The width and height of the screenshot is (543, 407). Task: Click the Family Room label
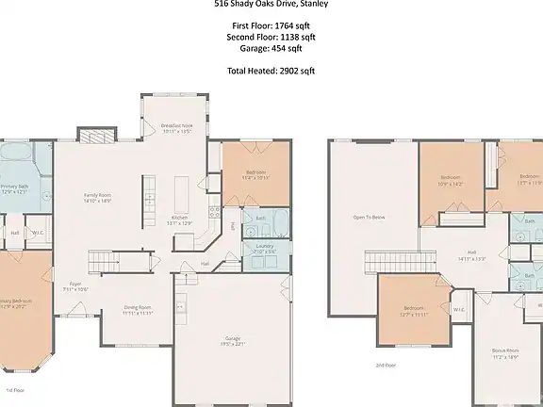click(x=98, y=198)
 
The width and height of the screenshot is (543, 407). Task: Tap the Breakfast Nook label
click(x=176, y=129)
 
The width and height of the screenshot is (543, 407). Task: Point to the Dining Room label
click(x=139, y=310)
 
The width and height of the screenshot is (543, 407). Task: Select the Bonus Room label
click(x=505, y=352)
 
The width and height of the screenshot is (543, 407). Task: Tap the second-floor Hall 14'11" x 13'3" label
click(x=471, y=254)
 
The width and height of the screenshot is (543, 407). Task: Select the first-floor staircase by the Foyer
click(x=101, y=260)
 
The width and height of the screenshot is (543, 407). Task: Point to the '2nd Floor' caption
click(x=386, y=365)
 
